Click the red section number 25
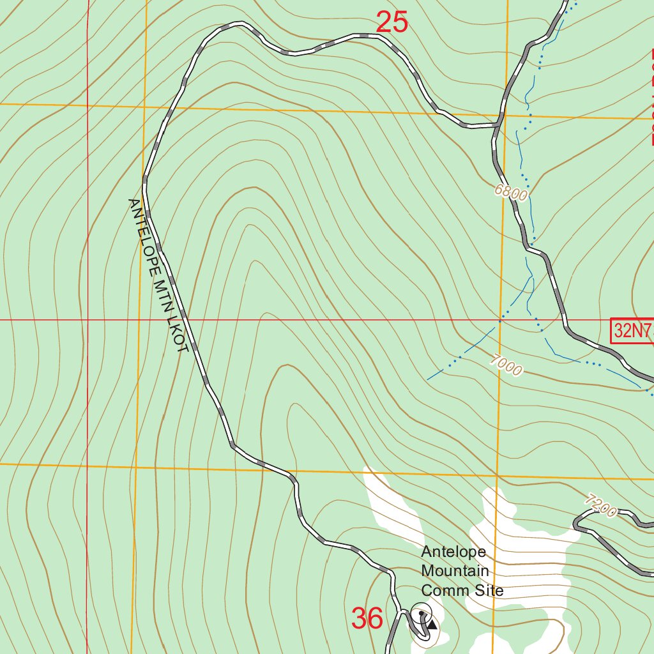click(x=392, y=23)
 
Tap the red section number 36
click(x=367, y=618)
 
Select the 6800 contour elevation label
click(x=510, y=192)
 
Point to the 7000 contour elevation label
click(x=506, y=365)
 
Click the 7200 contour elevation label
click(x=600, y=506)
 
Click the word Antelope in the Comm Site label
click(x=453, y=552)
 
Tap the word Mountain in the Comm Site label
click(x=455, y=571)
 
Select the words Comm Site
click(x=462, y=590)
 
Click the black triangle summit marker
click(x=432, y=624)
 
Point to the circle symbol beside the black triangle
click(x=422, y=613)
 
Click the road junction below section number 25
click(x=498, y=125)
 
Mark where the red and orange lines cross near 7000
click(x=500, y=319)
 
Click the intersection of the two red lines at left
click(x=87, y=319)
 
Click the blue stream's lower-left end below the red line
click(x=428, y=379)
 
